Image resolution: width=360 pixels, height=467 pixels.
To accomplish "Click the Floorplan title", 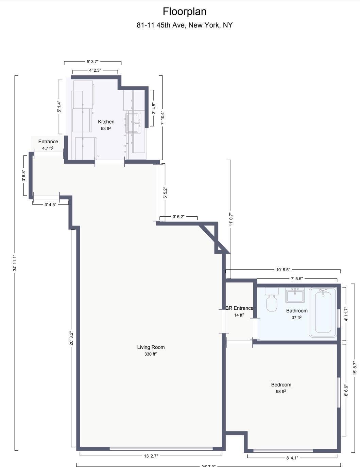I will click(x=185, y=12).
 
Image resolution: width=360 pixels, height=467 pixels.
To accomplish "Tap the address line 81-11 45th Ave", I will click(x=185, y=25).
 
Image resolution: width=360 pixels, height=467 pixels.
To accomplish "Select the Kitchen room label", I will click(x=106, y=122).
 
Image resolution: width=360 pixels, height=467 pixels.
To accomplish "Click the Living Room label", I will click(x=151, y=347).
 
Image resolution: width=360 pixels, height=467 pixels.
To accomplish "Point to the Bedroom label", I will click(x=281, y=384).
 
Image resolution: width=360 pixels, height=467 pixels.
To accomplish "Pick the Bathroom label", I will click(x=297, y=310).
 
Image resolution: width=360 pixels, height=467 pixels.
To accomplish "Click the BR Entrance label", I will click(x=239, y=308).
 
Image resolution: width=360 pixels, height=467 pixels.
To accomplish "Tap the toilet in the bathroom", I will click(x=272, y=300).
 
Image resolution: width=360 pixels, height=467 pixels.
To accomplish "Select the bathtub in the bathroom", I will click(x=323, y=312).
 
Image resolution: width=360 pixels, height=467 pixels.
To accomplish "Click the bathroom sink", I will click(x=295, y=295).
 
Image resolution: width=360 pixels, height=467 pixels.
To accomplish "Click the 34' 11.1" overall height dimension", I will click(x=15, y=263).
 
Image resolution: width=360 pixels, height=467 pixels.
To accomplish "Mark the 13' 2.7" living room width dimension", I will click(x=151, y=456).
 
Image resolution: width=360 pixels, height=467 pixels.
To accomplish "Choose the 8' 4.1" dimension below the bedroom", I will click(x=292, y=457).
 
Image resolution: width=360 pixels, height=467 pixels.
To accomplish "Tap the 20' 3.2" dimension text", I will click(x=71, y=338).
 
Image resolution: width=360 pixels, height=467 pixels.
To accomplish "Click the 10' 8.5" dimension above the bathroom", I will click(x=283, y=270).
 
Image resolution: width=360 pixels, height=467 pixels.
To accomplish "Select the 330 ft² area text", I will click(x=151, y=354).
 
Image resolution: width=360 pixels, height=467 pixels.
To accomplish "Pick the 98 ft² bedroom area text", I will click(x=281, y=391).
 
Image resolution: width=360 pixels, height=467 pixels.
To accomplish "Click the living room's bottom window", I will click(x=161, y=449).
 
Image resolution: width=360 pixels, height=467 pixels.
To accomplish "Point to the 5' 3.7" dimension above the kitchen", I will click(x=92, y=61).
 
